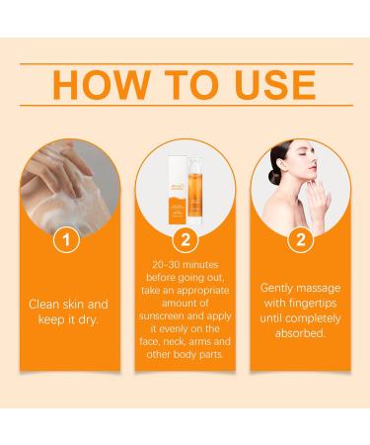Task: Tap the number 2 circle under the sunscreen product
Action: [x=184, y=240]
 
